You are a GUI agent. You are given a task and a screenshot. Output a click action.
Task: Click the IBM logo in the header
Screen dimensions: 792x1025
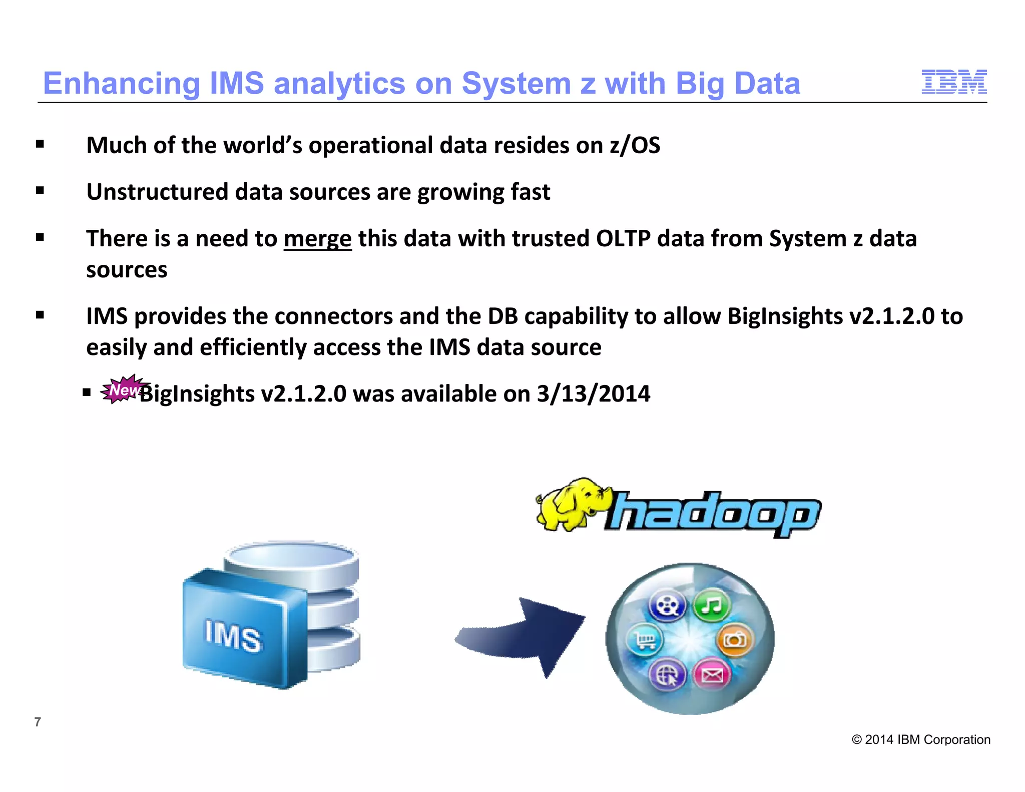954,82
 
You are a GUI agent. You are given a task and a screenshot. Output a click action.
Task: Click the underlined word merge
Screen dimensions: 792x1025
317,239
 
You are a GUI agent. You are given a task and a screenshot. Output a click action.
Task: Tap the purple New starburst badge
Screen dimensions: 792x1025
123,389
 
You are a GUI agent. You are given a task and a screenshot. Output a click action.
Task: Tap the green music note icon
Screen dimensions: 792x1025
712,606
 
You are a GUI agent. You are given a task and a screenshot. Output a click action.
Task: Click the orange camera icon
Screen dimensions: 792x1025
735,640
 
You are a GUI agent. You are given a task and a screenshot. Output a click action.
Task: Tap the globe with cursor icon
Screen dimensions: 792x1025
667,675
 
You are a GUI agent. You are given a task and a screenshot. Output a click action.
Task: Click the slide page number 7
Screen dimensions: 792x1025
38,721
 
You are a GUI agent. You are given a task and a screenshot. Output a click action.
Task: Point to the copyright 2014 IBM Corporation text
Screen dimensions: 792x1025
921,739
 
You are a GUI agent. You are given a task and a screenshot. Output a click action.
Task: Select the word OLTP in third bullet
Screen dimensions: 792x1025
623,239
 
